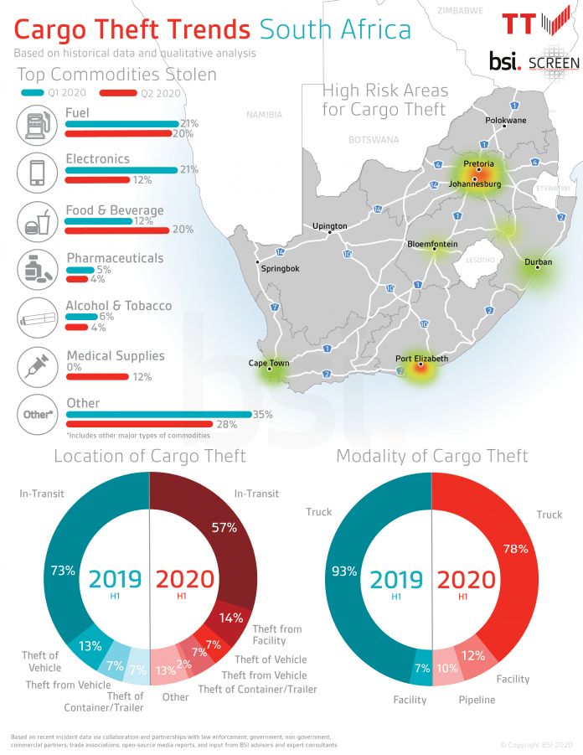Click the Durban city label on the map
(x=538, y=261)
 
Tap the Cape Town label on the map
(x=268, y=363)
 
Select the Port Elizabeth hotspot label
(x=421, y=358)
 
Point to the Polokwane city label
(x=506, y=121)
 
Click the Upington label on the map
(x=329, y=226)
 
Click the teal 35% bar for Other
(x=158, y=414)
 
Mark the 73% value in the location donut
(x=63, y=571)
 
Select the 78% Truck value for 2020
(x=514, y=549)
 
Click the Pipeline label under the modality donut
(x=477, y=700)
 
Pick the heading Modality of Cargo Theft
(x=431, y=456)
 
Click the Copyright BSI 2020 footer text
(x=536, y=744)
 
